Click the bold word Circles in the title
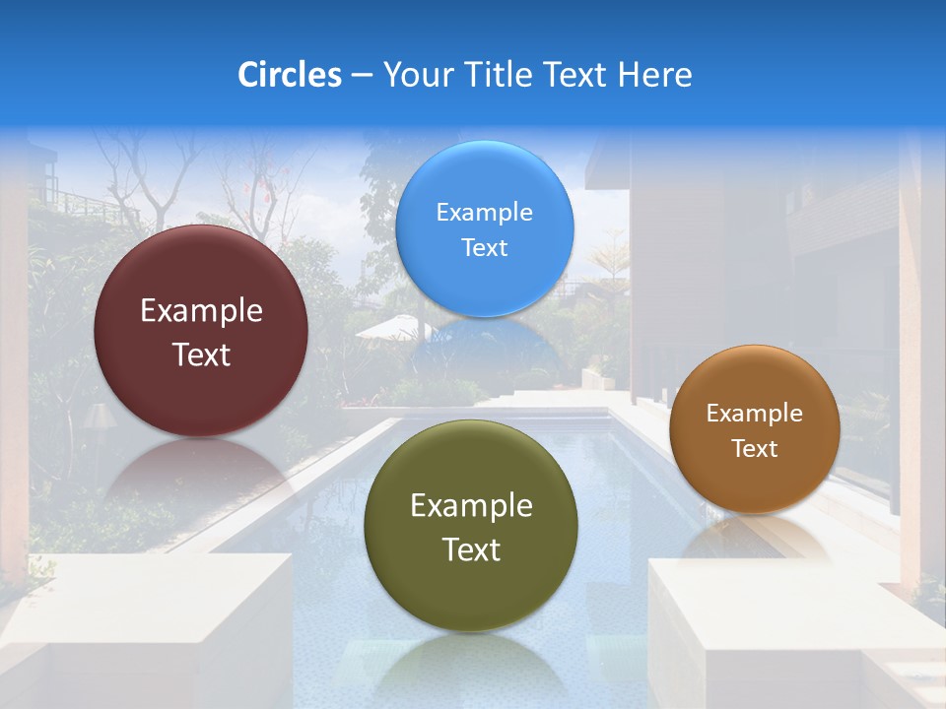pos(290,75)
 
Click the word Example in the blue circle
pos(484,213)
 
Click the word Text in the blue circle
pos(484,248)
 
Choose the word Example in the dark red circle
pos(201,311)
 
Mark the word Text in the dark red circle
pos(201,354)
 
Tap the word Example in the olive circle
pos(471,506)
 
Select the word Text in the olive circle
pos(471,549)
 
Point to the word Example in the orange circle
pos(754,414)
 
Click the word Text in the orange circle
pos(754,449)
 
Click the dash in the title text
pos(362,76)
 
